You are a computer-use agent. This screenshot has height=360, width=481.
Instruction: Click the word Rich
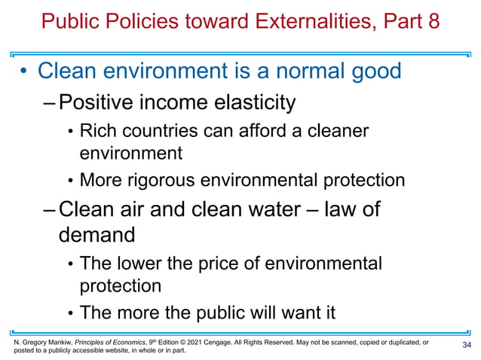coord(98,131)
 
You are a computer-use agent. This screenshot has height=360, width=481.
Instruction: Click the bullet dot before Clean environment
coord(24,72)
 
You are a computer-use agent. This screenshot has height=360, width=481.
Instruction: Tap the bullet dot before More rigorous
coord(71,182)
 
